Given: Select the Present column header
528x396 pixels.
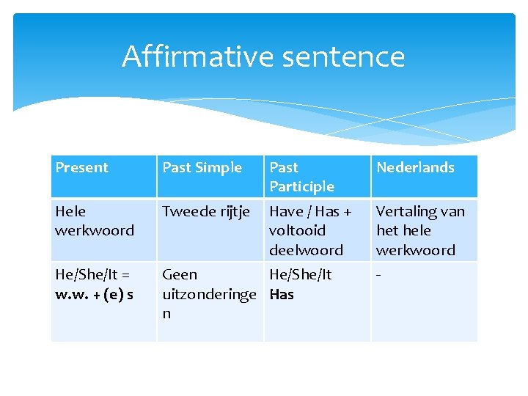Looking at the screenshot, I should pos(81,167).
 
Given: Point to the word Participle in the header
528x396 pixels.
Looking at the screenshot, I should pos(301,186).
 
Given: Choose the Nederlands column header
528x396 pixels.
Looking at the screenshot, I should pos(415,167).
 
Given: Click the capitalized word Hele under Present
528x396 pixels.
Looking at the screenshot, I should pos(70,211).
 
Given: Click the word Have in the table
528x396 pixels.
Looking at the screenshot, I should pos(286,211).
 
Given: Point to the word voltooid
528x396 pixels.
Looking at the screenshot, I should pos(297,230).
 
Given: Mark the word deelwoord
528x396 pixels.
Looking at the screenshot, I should pos(306,250).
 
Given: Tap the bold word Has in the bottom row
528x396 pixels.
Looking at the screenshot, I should pos(282,294).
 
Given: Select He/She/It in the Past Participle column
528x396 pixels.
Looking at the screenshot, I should pos(300,274).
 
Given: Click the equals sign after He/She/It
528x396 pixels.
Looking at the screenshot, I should pos(125,274).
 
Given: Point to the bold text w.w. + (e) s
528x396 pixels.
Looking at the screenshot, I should pos(94,294).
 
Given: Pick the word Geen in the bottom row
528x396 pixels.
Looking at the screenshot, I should pos(180,274).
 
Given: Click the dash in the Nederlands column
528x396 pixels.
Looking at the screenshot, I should pos(378,274).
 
